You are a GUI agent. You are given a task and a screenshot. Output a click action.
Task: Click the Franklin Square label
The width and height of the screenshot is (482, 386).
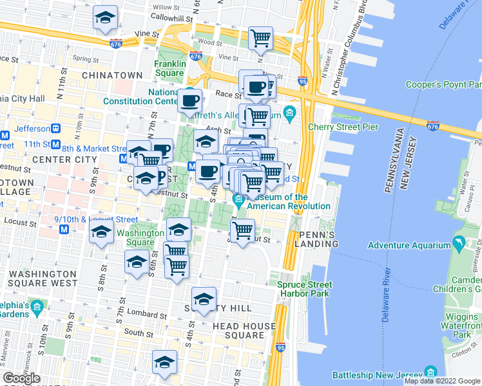click(x=169, y=68)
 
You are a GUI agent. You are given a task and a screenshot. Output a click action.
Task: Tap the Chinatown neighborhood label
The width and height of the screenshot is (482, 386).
click(x=112, y=75)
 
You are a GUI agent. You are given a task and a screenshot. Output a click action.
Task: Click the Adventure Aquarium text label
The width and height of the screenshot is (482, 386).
click(x=409, y=245)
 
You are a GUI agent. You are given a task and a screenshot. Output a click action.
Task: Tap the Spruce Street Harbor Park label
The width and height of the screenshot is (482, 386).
click(x=305, y=289)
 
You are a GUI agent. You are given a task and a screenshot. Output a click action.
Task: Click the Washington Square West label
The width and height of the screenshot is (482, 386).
click(x=43, y=278)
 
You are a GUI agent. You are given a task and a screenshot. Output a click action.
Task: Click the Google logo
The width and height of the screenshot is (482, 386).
click(x=21, y=378)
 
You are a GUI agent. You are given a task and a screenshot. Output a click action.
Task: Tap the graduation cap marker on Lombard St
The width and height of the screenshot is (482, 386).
click(x=204, y=299)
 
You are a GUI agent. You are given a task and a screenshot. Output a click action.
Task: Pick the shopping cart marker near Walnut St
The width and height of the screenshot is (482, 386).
click(x=242, y=231)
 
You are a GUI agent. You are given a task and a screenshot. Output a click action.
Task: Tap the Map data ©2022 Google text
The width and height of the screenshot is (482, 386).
click(x=442, y=381)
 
